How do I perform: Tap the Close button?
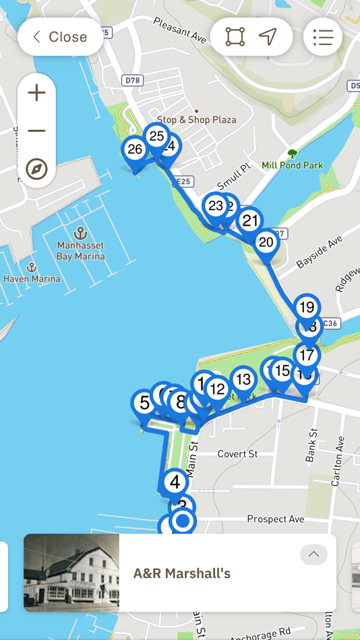pos(60,37)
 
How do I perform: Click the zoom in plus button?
pos(36,93)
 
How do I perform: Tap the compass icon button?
pos(36,168)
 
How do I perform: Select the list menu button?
pos(323,37)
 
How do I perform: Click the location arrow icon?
pos(268,37)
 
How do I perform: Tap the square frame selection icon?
pos(235,37)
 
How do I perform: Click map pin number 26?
pos(135,150)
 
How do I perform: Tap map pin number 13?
pos(243,380)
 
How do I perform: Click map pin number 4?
pos(175,482)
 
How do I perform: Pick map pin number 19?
pos(307,308)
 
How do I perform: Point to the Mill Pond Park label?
pos(292,165)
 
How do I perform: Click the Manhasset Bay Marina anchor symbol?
pos(80,233)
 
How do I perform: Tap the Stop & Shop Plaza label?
pos(197,119)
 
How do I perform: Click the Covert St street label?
pos(237,454)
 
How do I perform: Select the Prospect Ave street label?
pos(276,519)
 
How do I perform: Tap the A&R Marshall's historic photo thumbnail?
pos(71,573)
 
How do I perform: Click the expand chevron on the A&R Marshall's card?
pos(313,554)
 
